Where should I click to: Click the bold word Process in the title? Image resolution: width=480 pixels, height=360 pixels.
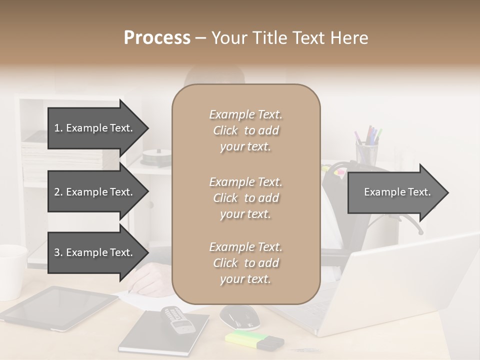pos(157,38)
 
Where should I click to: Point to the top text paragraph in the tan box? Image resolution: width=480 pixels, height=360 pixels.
pos(245,130)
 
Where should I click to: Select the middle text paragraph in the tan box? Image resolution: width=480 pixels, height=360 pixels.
pos(245,198)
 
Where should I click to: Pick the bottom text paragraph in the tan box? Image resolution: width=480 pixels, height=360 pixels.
pos(245,263)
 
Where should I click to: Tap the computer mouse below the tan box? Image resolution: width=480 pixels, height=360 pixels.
pos(239,316)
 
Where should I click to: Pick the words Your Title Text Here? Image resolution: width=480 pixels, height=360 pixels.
pos(289,38)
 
